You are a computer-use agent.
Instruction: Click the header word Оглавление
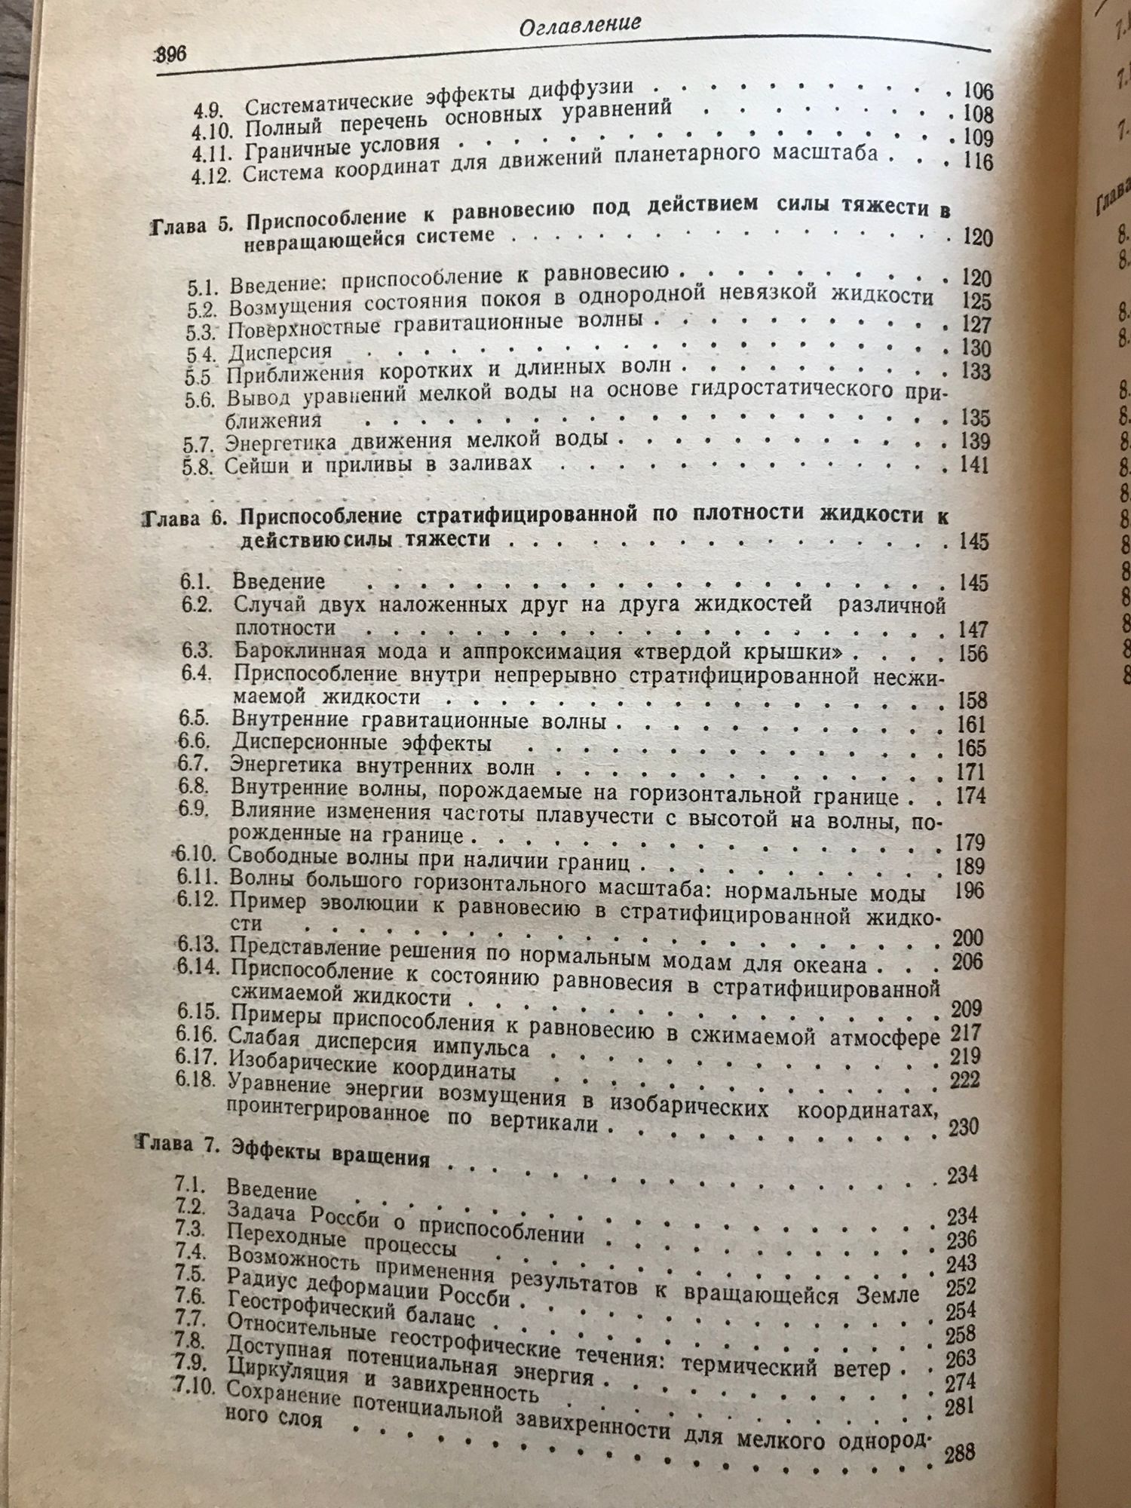point(580,25)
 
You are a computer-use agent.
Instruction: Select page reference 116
point(977,162)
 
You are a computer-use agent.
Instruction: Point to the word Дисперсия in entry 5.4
point(280,352)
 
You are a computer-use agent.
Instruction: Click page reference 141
point(973,464)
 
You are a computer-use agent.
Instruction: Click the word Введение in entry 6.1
point(278,581)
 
